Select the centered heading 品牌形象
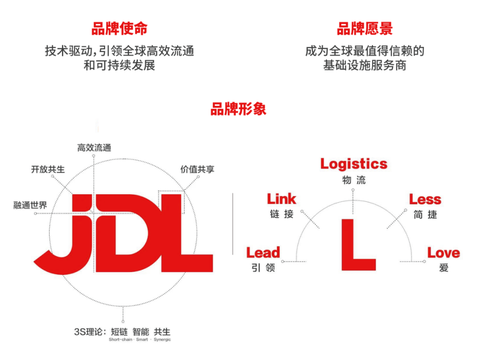click(239, 107)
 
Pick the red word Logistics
click(353, 164)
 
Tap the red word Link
click(281, 198)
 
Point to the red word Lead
click(263, 252)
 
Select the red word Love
click(443, 252)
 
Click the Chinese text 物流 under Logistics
click(353, 181)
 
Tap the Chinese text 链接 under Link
click(281, 214)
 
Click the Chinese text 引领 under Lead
click(263, 269)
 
